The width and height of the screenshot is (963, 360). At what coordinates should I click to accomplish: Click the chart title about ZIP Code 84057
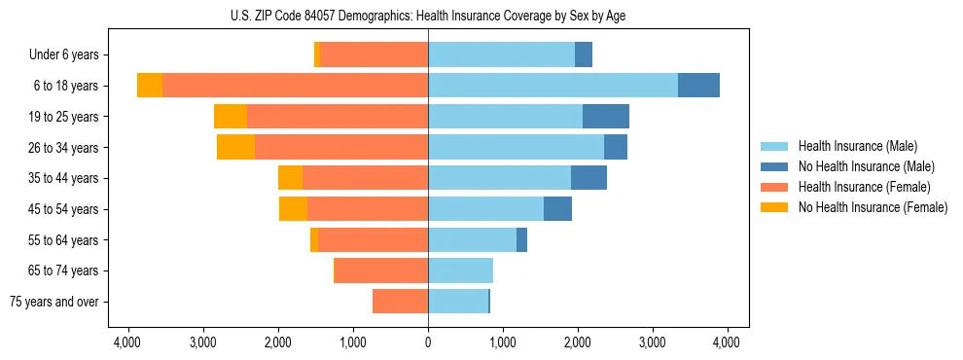tap(428, 16)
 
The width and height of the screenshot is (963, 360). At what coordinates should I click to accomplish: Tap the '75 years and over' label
tap(53, 302)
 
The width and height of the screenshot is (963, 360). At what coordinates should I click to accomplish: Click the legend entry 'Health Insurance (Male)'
tap(857, 146)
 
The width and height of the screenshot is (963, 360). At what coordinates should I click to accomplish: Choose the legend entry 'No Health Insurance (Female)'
tap(873, 207)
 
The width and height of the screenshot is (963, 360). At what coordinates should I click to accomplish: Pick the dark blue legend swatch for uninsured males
tap(774, 166)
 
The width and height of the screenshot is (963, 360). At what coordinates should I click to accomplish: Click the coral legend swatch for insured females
tap(774, 187)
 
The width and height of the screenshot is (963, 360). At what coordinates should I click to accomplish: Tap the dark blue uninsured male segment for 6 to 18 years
tap(698, 86)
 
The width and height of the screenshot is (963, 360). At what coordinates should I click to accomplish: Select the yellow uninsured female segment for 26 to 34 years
tap(235, 147)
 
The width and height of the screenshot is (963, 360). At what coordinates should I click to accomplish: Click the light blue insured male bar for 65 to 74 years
tap(460, 270)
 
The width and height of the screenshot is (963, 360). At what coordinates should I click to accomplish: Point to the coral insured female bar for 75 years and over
tap(400, 302)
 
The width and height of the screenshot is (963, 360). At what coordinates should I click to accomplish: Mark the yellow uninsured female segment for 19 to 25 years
tap(231, 117)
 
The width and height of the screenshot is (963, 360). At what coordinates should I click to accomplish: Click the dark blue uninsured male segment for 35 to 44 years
tap(588, 178)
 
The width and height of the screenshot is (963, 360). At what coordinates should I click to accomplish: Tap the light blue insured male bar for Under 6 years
tap(501, 55)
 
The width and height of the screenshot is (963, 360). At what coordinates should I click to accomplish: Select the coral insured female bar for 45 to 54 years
tap(368, 209)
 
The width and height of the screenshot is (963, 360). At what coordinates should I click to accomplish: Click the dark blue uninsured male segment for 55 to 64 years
tap(521, 239)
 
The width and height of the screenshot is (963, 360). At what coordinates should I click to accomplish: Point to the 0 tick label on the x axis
tap(428, 342)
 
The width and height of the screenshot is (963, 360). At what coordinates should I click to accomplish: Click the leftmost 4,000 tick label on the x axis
tap(127, 342)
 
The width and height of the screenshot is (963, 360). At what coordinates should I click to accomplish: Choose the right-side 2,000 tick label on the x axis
tap(578, 342)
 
